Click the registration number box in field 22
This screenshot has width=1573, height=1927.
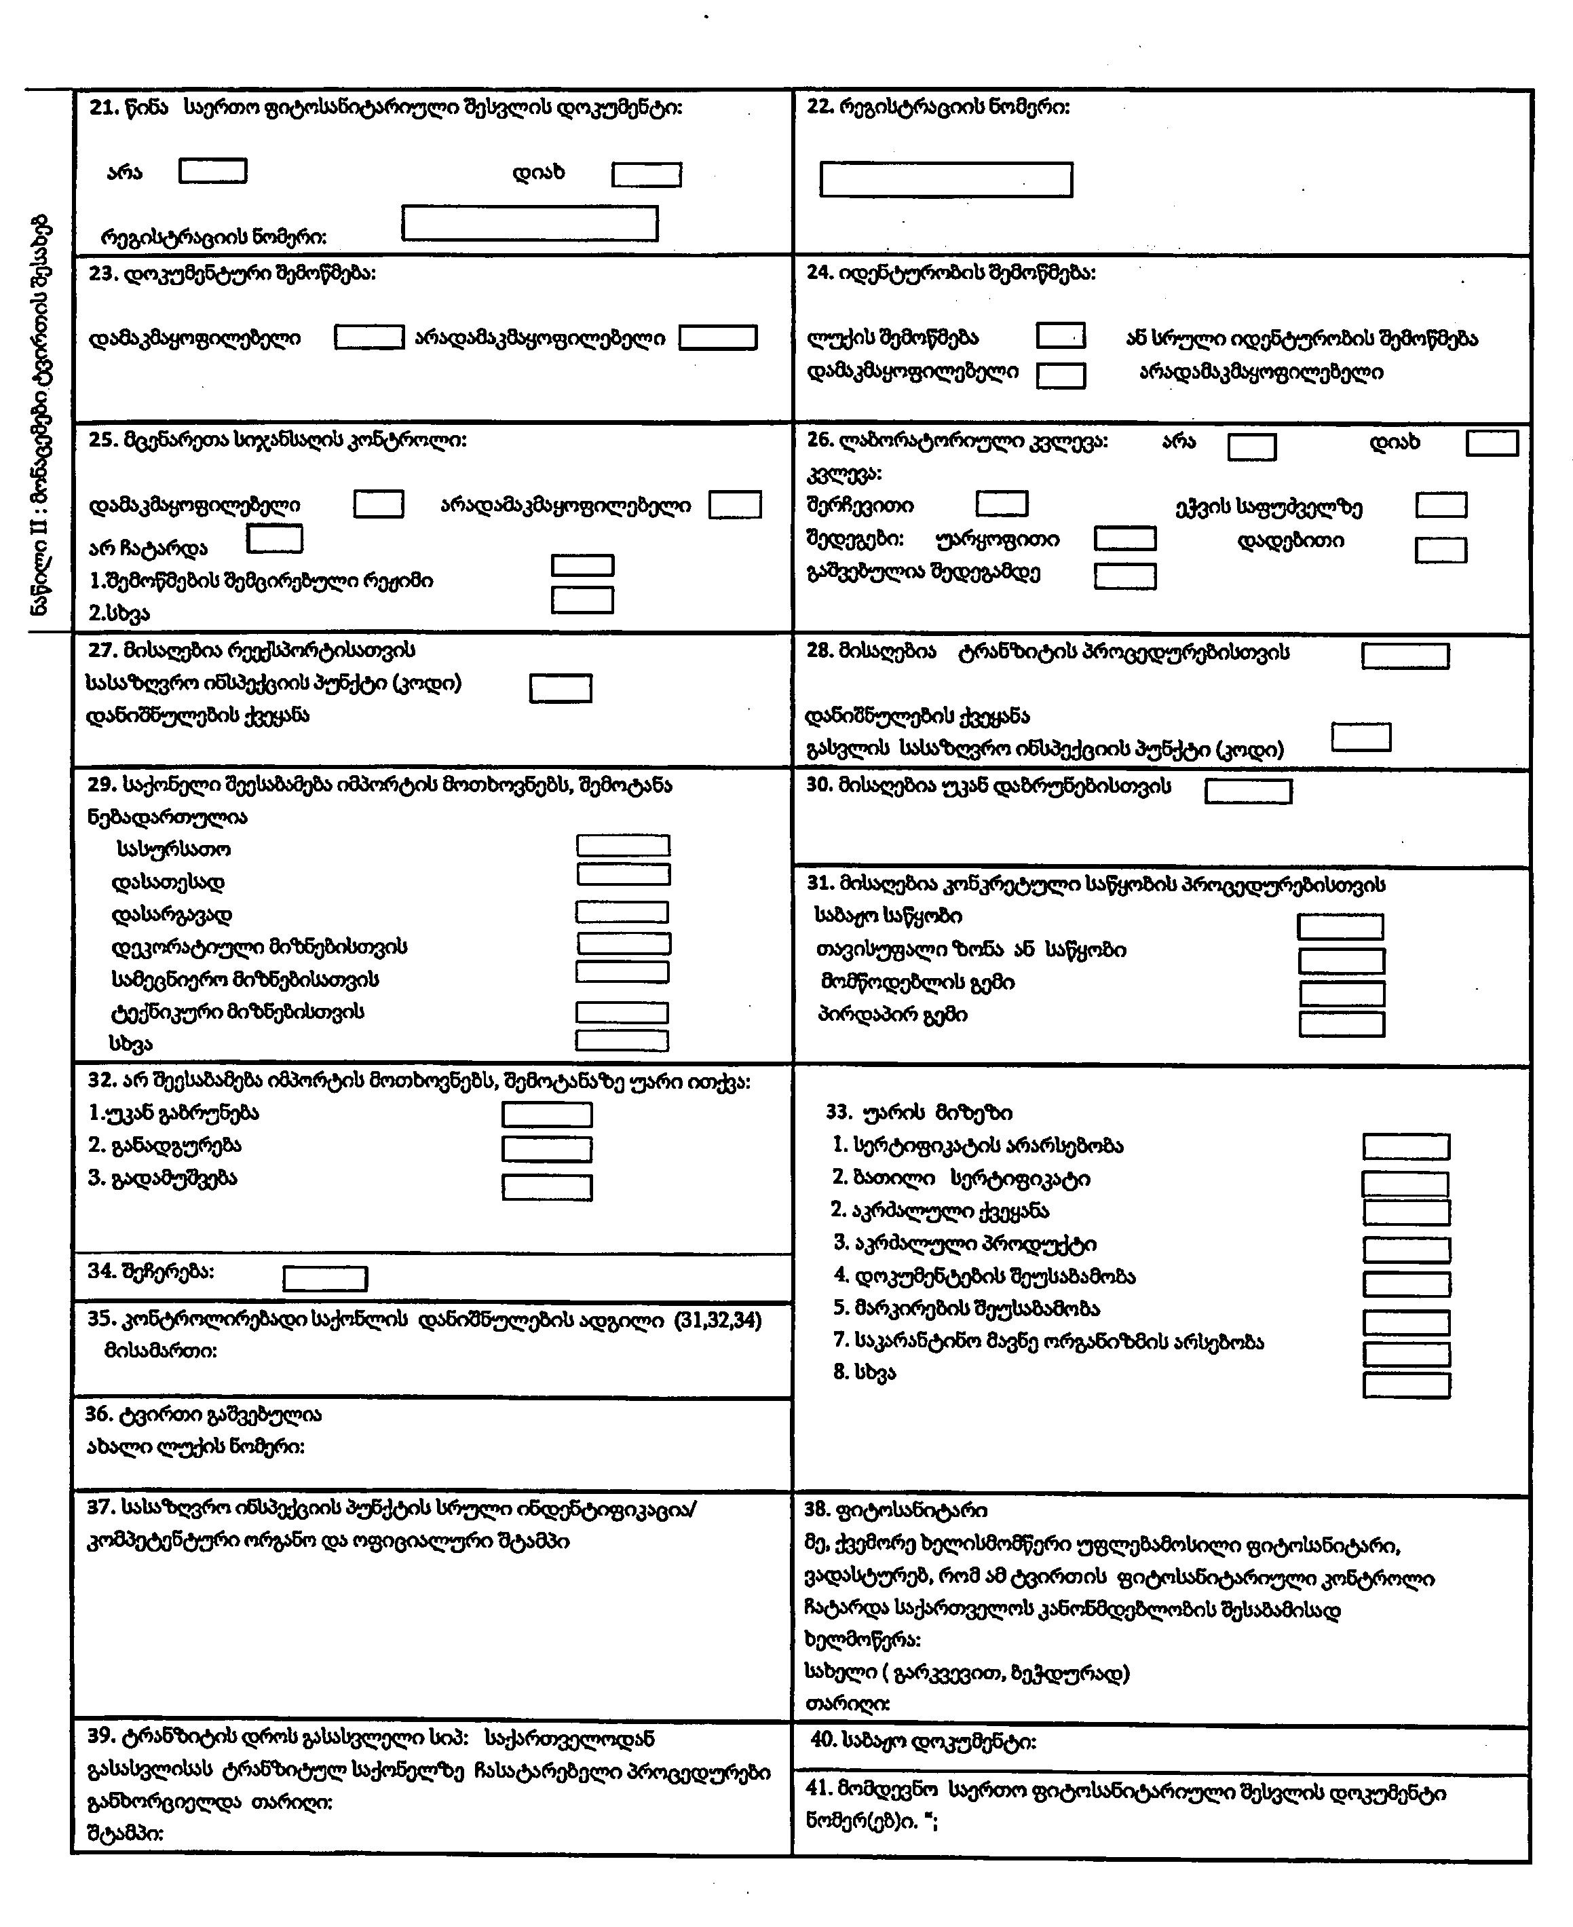click(x=946, y=179)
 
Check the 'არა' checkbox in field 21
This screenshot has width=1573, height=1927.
click(x=213, y=171)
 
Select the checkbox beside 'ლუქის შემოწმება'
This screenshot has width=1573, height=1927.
click(x=1060, y=335)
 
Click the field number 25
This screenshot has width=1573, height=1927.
click(x=102, y=441)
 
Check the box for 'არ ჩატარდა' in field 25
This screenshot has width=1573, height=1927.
click(x=275, y=540)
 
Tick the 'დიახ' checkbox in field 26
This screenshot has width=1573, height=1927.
click(x=1492, y=443)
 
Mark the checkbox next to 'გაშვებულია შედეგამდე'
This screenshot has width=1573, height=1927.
click(x=1124, y=576)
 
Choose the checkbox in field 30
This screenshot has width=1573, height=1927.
click(x=1248, y=791)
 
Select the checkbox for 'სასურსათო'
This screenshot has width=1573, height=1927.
click(x=624, y=846)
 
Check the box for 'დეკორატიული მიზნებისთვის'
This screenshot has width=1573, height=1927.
click(x=624, y=943)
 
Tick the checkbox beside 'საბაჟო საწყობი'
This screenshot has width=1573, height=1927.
click(x=1340, y=927)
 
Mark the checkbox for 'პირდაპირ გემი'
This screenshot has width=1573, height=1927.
click(x=1341, y=1024)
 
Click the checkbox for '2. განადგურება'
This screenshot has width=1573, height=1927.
click(x=547, y=1149)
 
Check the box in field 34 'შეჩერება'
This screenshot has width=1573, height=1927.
click(x=324, y=1279)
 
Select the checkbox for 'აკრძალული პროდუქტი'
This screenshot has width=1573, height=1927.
click(x=1406, y=1250)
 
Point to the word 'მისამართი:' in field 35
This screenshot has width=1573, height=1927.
click(x=162, y=1351)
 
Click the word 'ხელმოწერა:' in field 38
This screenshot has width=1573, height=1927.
click(x=863, y=1640)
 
